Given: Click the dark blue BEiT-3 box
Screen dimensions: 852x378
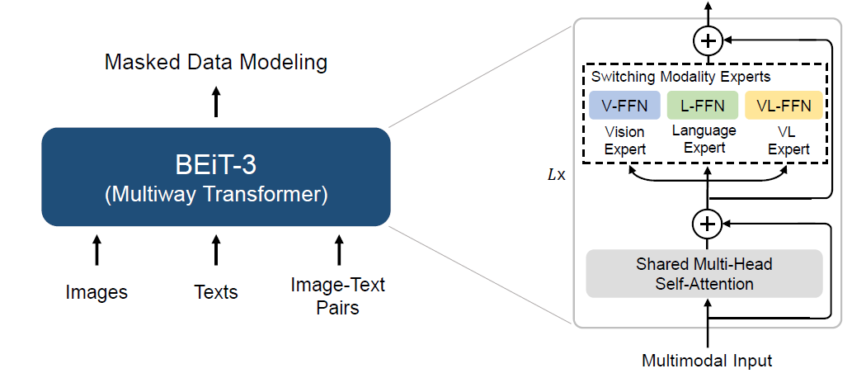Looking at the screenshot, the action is tap(216, 177).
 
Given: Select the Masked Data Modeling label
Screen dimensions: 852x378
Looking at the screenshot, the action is tap(216, 63).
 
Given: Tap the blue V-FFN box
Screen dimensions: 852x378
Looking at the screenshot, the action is tap(625, 105).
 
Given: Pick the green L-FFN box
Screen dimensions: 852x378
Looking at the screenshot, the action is tap(703, 105).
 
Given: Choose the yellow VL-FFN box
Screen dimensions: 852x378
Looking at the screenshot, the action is tap(784, 105).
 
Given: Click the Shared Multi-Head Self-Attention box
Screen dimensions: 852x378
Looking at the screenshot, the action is tap(704, 273).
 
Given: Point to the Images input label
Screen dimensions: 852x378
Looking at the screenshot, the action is tap(96, 292).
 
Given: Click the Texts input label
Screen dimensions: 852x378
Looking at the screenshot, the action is tap(216, 292).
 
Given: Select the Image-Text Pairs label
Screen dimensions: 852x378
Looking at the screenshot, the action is tap(338, 295).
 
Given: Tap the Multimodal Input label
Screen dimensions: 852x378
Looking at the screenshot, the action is tap(707, 361).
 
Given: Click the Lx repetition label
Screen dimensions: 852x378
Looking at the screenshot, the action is tap(557, 176).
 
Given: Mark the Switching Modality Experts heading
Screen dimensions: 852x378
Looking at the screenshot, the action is tap(680, 77).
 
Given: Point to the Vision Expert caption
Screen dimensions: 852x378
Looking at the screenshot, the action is tap(625, 140).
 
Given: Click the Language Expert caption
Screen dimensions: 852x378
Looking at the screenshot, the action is tap(704, 139).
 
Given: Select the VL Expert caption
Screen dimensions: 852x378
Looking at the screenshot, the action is tap(788, 140).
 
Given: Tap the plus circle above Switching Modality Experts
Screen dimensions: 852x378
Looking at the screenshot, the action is tap(708, 40).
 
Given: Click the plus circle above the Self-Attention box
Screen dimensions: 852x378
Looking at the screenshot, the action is tap(708, 224).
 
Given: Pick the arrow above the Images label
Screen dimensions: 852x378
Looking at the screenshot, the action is tap(96, 249).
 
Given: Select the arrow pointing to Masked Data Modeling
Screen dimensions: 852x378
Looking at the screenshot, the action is tap(216, 102).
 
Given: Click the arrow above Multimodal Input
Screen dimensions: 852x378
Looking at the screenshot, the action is tap(708, 324).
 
